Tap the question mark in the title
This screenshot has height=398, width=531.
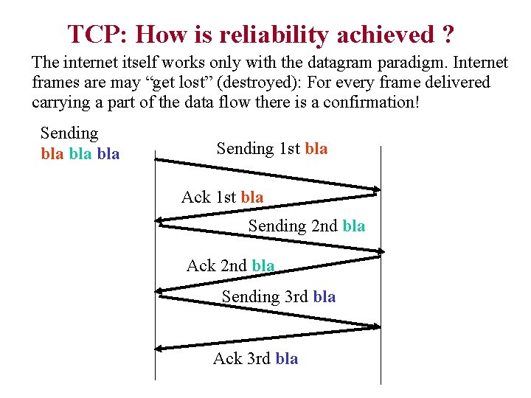448,34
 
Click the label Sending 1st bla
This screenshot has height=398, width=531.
272,148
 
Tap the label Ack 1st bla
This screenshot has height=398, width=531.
222,197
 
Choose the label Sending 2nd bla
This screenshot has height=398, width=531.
306,226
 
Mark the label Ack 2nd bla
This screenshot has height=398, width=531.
230,265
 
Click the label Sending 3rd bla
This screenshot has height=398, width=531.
279,296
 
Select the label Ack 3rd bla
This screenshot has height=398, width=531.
255,358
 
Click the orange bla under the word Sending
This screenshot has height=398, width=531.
52,154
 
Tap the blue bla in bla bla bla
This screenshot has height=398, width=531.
108,154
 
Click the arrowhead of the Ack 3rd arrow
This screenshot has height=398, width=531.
160,347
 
